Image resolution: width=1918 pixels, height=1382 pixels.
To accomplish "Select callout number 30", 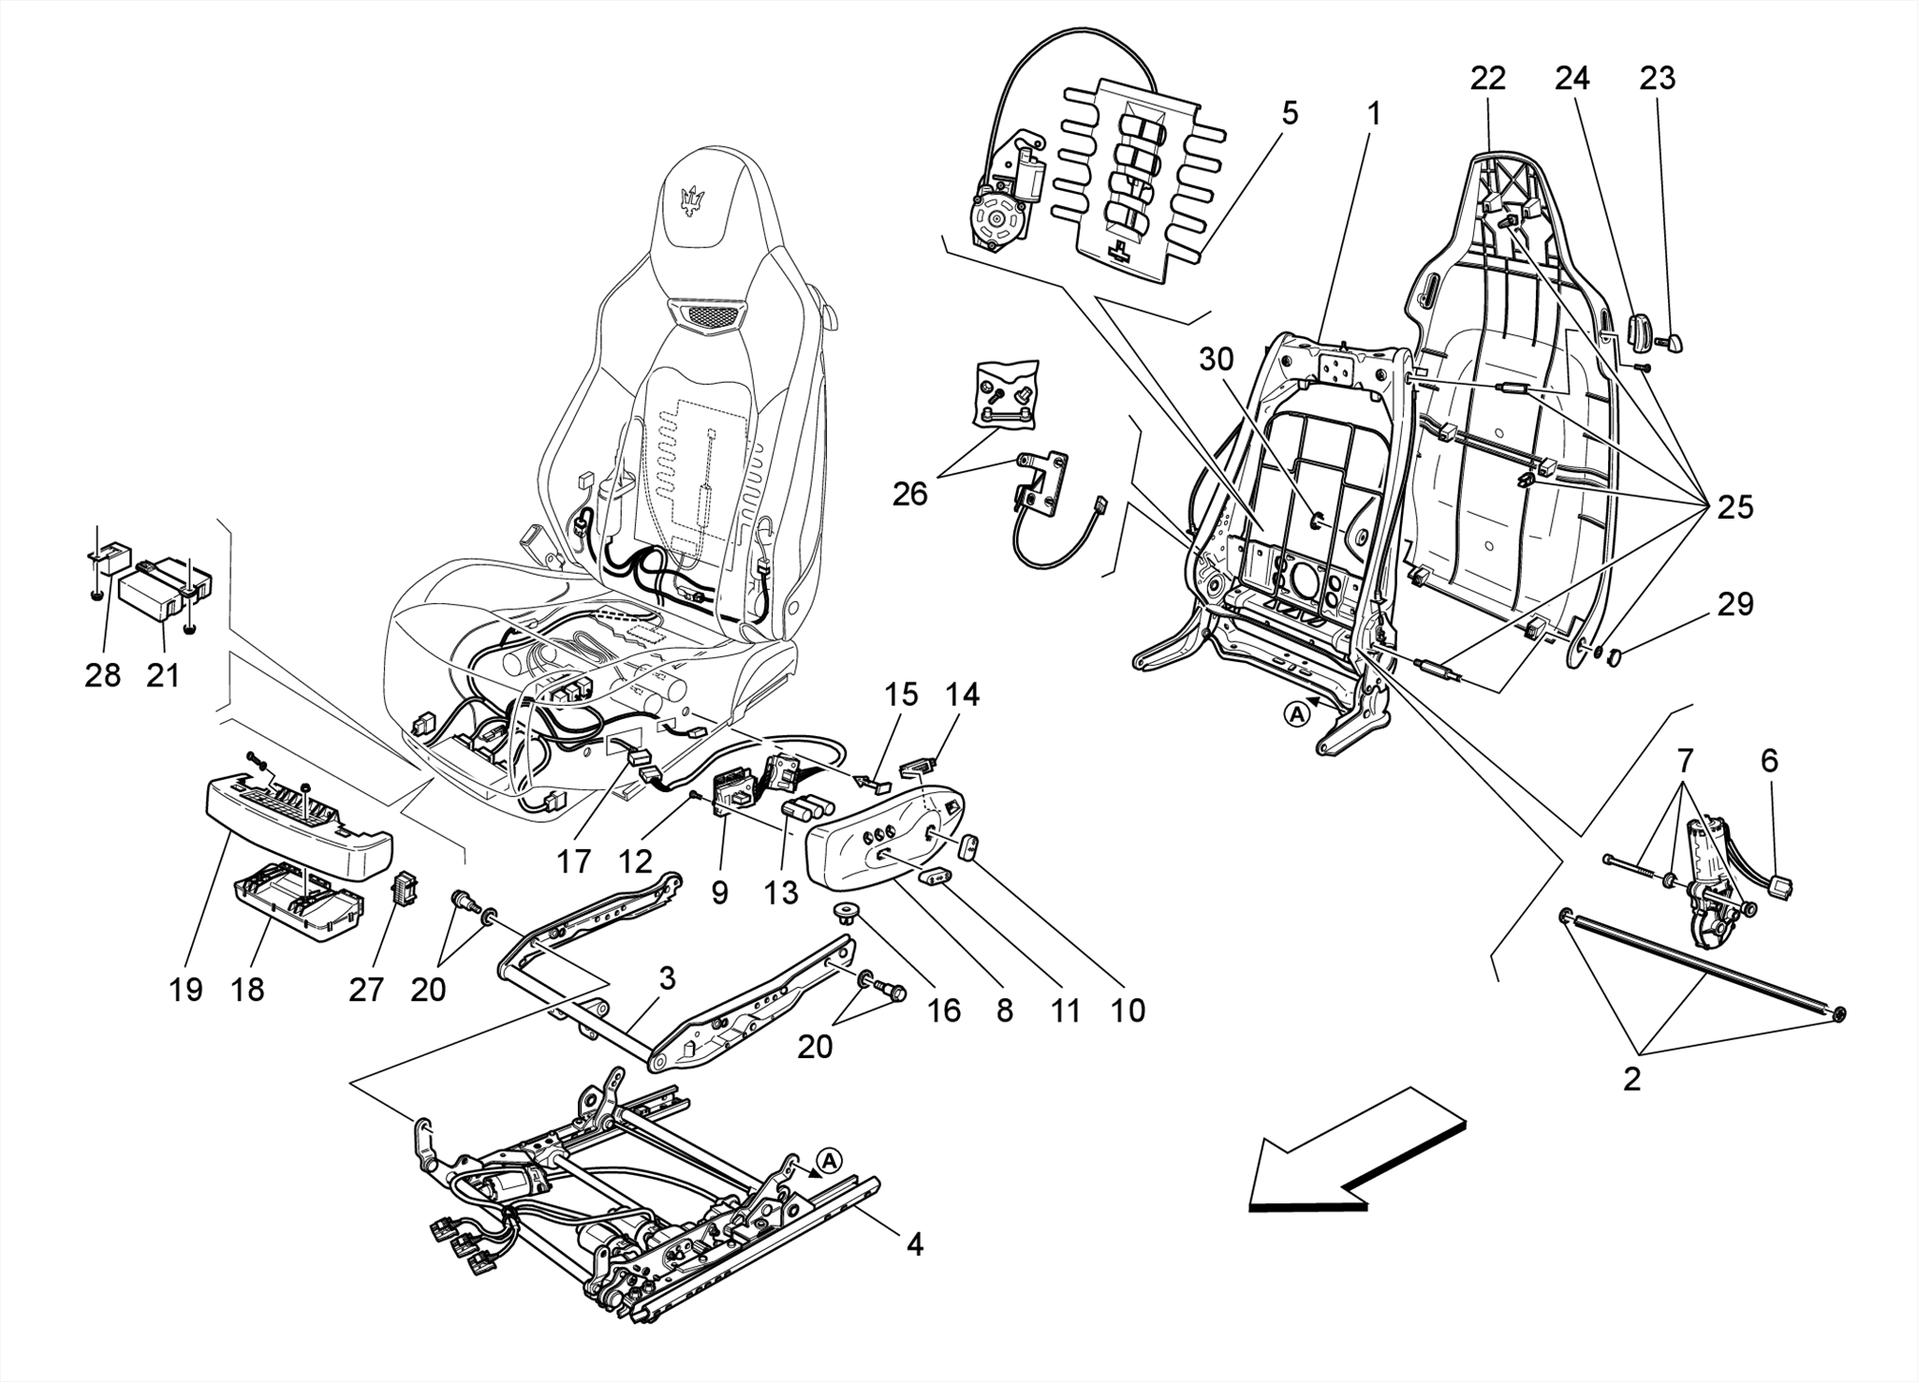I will (x=1217, y=360).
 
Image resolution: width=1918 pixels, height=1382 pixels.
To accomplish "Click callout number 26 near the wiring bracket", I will (x=909, y=493).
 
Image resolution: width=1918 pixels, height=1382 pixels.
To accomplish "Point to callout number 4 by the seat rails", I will (x=914, y=1244).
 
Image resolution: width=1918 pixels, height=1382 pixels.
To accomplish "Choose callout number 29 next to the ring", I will (x=1734, y=604).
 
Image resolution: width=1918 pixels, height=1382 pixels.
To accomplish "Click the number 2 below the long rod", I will (x=1631, y=1080).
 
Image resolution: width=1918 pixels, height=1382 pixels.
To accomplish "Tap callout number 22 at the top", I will (x=1487, y=79).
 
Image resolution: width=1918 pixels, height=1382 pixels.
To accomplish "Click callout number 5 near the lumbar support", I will (x=1290, y=114).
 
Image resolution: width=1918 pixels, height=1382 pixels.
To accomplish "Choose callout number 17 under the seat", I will (x=575, y=861).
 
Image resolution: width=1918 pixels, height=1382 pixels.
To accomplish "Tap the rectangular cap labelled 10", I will (x=968, y=846).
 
